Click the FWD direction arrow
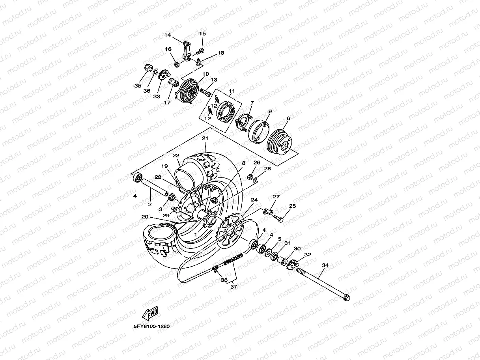[150, 314]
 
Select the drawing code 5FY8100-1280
[151, 326]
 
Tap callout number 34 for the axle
[325, 265]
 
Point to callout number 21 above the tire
[205, 138]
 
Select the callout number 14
[168, 35]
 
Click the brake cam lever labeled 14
[188, 50]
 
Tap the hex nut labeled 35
[149, 67]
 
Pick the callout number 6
[288, 118]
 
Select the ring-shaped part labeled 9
[258, 131]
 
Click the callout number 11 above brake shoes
[232, 91]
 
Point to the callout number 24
[254, 200]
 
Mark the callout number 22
[176, 155]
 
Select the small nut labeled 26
[250, 176]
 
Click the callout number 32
[308, 255]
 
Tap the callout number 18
[220, 53]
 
